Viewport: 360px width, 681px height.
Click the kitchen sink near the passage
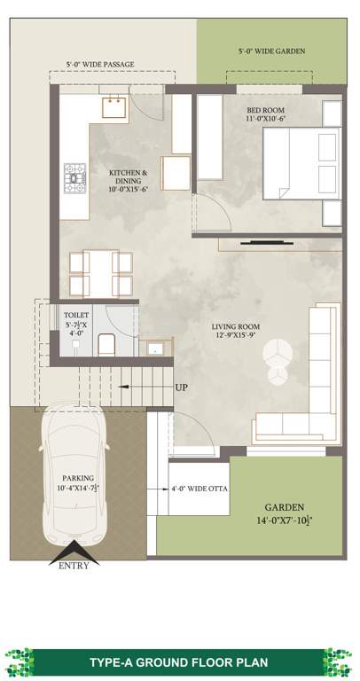tap(113, 107)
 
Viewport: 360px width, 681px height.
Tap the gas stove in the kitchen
tap(73, 178)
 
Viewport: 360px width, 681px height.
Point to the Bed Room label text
tap(265, 113)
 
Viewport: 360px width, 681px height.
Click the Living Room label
tap(235, 330)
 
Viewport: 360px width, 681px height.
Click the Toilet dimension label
tap(76, 325)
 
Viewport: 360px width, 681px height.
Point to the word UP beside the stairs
tap(181, 387)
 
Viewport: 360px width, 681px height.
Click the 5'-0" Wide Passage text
tap(99, 65)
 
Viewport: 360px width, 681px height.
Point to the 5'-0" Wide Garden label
tap(271, 51)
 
